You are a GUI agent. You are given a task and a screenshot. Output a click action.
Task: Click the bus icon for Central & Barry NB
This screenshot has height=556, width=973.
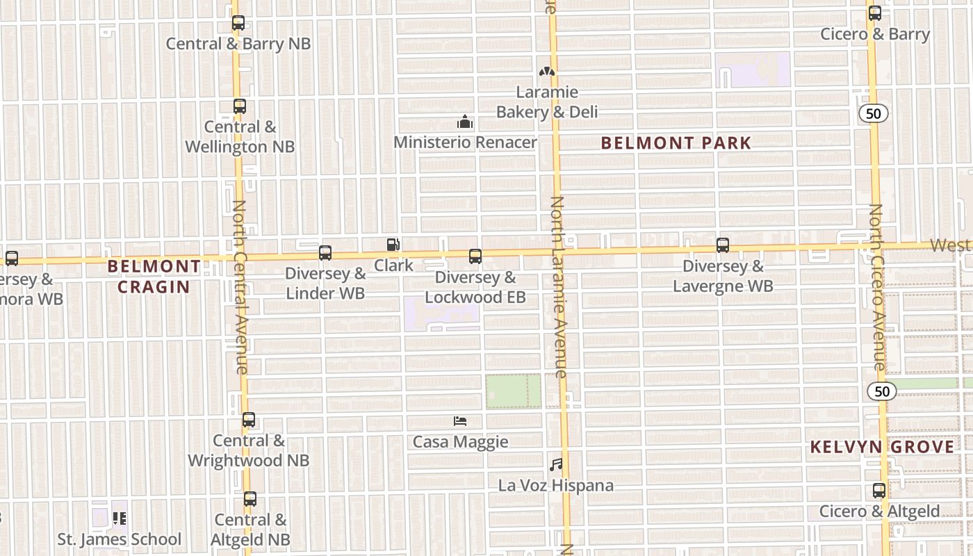point(238,23)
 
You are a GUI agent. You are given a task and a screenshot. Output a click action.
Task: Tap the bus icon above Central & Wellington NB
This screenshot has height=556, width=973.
point(240,106)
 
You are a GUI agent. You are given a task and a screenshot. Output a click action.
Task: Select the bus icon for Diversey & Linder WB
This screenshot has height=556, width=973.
point(325,253)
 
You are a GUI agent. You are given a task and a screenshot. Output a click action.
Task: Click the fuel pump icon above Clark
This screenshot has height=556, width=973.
point(393,245)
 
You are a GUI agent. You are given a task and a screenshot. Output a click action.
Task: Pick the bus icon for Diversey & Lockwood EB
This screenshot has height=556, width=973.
point(475,256)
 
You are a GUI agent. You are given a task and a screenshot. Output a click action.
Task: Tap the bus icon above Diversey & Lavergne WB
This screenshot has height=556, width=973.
point(723,245)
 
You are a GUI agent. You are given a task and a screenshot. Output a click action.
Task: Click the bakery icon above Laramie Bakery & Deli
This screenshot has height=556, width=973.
point(547,71)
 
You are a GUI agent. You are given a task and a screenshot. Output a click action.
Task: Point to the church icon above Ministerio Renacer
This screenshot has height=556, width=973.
point(465,122)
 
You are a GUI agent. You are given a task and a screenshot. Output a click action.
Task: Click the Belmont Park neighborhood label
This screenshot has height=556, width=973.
point(676,143)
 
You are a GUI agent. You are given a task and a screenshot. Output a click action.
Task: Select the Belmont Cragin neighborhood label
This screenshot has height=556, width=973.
point(154,276)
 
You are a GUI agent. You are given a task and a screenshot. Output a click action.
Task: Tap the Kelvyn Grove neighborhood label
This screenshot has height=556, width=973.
point(882,447)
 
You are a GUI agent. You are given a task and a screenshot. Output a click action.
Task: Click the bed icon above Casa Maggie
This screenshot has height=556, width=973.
point(459,421)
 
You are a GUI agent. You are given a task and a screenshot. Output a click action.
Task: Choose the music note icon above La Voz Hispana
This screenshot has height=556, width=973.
point(556,464)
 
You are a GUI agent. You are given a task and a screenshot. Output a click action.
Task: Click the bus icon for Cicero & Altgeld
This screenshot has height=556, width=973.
point(879,491)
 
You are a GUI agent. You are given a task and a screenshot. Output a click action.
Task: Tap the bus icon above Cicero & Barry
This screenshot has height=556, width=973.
point(875,13)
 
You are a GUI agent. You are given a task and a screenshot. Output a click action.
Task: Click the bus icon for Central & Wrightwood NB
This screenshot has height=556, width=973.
point(249,420)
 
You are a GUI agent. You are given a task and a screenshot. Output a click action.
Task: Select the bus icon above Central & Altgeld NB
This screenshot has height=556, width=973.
point(250,499)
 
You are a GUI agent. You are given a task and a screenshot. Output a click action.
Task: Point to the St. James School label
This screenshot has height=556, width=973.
point(119,539)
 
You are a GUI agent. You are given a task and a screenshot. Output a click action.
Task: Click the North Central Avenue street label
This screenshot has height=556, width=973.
point(240,286)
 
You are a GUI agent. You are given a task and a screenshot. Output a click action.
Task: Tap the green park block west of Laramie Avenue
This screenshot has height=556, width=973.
point(513,391)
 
